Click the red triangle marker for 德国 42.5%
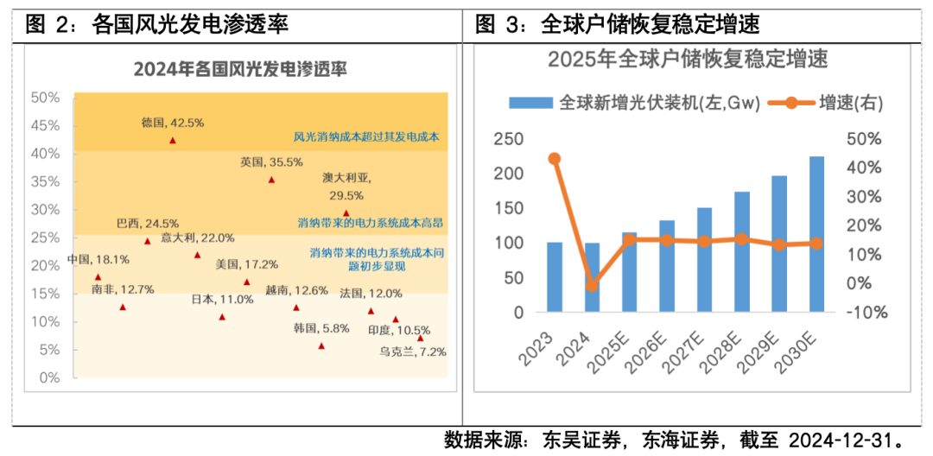pyautogui.click(x=173, y=140)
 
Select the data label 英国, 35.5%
pyautogui.click(x=272, y=161)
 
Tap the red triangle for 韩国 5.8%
pyautogui.click(x=321, y=345)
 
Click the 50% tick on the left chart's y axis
pyautogui.click(x=45, y=98)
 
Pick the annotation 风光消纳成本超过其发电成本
pyautogui.click(x=367, y=136)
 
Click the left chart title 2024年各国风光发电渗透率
pyautogui.click(x=239, y=70)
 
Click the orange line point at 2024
pyautogui.click(x=592, y=285)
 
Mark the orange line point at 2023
pyautogui.click(x=555, y=158)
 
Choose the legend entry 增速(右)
pyautogui.click(x=835, y=104)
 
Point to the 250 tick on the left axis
pyautogui.click(x=508, y=139)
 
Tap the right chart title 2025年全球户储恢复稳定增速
pyautogui.click(x=687, y=60)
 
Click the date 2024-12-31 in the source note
pyautogui.click(x=841, y=440)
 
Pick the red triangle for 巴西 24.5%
pyautogui.click(x=147, y=241)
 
